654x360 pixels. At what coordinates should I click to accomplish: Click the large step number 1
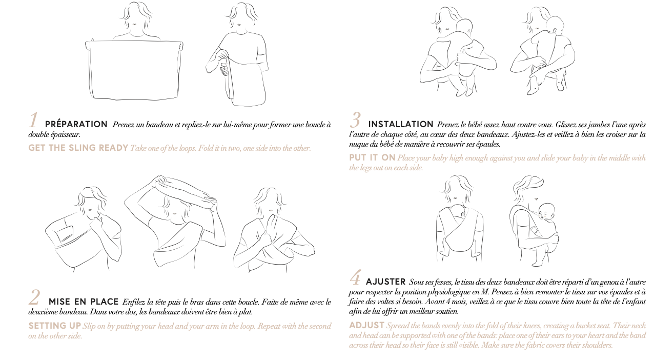tap(34, 120)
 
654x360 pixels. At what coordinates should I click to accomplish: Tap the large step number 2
tap(34, 297)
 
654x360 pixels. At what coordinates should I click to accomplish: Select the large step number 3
tap(355, 120)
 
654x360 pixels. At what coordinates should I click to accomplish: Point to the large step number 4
tap(355, 277)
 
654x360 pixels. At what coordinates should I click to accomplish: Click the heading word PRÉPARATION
tap(76, 124)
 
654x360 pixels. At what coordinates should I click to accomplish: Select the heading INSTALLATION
tap(401, 124)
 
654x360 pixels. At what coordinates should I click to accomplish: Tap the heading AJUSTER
tap(385, 282)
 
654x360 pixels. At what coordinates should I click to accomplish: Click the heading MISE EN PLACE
tap(84, 302)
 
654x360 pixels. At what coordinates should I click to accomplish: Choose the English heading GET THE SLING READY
tap(78, 148)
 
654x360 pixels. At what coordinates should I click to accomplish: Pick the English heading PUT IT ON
tap(372, 157)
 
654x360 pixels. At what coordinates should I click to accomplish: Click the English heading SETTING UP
tap(55, 326)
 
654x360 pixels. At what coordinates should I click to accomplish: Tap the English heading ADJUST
tap(366, 325)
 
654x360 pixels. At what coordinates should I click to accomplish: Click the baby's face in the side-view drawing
tap(545, 213)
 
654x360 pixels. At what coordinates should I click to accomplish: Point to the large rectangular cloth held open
tap(134, 70)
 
